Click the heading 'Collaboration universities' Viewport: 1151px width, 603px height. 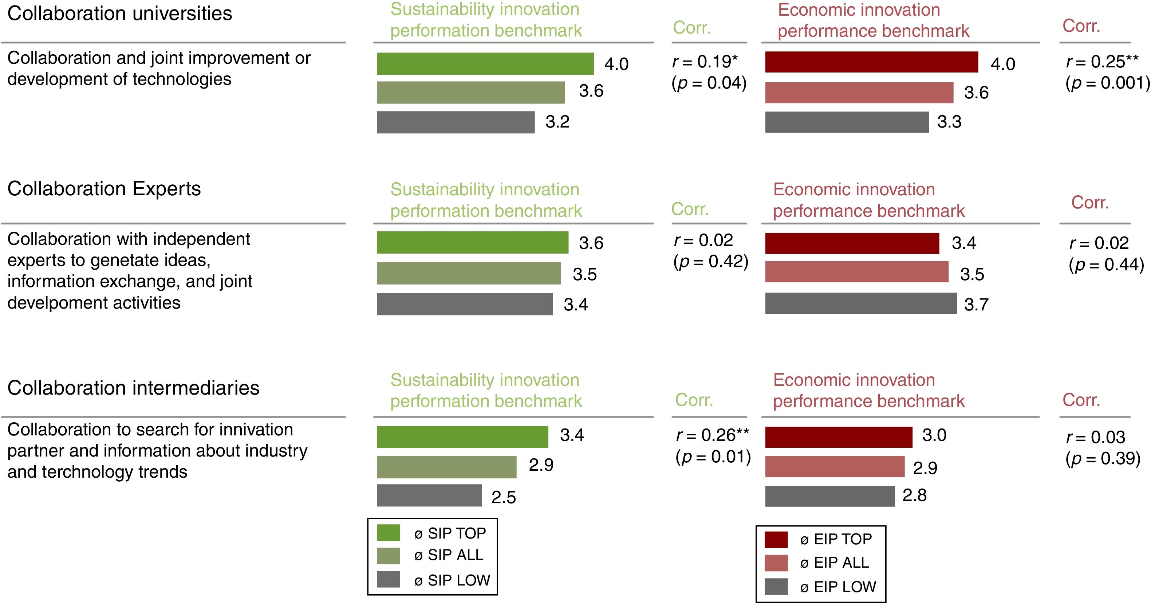tap(120, 13)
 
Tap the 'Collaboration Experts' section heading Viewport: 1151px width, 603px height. tap(104, 189)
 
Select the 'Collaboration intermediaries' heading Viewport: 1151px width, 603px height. tap(133, 388)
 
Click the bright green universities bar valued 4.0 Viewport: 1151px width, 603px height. tap(485, 63)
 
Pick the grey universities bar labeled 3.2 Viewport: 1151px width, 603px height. tap(456, 122)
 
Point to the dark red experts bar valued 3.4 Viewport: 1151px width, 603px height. tap(852, 243)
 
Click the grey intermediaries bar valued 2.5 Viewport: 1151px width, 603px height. tap(429, 495)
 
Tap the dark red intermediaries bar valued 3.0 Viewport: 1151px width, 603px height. tap(839, 437)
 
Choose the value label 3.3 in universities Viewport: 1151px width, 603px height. tap(949, 122)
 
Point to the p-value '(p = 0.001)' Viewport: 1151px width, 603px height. tap(1108, 83)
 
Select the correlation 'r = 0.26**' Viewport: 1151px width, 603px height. tap(712, 435)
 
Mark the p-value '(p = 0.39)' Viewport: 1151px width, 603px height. tap(1103, 458)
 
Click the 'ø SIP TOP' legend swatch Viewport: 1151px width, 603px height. tap(388, 532)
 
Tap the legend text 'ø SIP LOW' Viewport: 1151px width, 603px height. tap(452, 580)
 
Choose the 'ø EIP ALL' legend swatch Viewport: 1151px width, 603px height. tap(776, 563)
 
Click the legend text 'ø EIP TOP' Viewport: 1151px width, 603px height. tap(836, 539)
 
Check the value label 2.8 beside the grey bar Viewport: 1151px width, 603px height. tap(915, 495)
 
